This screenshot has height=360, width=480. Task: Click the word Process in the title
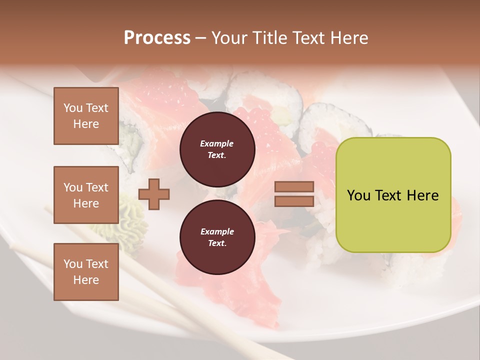[x=157, y=38]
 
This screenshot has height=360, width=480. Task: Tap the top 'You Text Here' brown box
[x=86, y=116]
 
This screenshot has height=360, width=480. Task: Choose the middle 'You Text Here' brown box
[x=86, y=195]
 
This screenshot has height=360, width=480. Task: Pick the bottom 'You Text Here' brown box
[x=86, y=272]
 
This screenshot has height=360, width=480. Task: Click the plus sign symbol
[x=154, y=194]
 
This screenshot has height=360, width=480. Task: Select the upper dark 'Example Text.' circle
[x=217, y=149]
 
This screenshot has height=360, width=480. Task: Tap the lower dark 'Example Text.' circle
[x=217, y=237]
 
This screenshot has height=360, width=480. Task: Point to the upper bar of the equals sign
[x=294, y=187]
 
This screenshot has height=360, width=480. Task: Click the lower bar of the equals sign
[x=294, y=201]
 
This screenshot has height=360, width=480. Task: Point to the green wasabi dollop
[x=131, y=215]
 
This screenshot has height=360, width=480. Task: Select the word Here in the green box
[x=422, y=195]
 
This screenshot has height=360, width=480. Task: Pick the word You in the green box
[x=359, y=195]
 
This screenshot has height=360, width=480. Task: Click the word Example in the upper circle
[x=217, y=144]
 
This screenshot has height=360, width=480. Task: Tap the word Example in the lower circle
[x=217, y=232]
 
